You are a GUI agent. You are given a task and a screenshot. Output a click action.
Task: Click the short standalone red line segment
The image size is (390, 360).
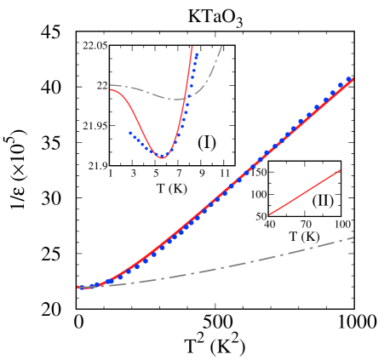(x=305, y=192)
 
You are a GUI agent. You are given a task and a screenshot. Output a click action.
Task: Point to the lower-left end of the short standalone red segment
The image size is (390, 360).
(x=270, y=214)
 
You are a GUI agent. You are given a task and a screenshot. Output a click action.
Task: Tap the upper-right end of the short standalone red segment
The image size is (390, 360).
(x=340, y=170)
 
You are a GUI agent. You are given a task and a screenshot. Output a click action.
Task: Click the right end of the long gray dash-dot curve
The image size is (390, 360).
(x=353, y=237)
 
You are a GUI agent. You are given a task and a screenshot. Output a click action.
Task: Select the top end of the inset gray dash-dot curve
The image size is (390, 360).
(x=222, y=46)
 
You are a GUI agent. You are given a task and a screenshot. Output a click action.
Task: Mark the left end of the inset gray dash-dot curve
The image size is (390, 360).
(x=111, y=85)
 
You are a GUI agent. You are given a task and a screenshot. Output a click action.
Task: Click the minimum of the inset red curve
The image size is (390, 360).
(x=162, y=157)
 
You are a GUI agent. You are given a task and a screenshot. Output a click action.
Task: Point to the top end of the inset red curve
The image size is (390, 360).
(x=192, y=47)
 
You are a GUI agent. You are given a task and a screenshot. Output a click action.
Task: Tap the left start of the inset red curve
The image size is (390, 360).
(x=111, y=89)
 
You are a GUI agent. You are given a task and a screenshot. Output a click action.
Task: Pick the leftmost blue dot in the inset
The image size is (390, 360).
(x=130, y=132)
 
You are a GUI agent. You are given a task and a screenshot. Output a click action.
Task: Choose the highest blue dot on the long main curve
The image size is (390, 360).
(x=349, y=79)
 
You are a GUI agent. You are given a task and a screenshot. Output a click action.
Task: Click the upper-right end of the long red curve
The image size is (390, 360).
(x=353, y=79)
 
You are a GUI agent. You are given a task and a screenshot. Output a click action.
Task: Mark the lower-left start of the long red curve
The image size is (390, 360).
(x=78, y=288)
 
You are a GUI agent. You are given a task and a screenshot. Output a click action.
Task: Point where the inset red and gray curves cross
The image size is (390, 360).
(x=185, y=99)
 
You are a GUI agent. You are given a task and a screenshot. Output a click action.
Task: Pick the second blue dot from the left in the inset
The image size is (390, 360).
(x=134, y=135)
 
